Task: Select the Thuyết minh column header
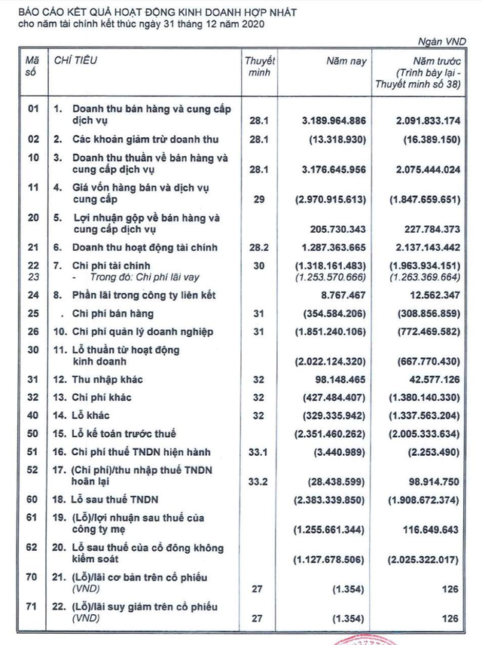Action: pos(260,66)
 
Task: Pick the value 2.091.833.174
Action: pos(427,120)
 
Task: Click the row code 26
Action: pos(32,332)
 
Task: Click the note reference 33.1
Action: pos(260,452)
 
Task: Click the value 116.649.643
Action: pos(430,530)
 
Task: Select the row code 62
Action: pos(32,549)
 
